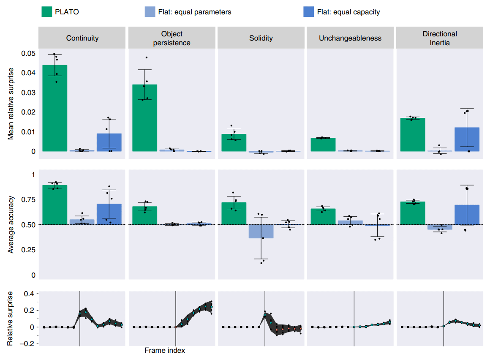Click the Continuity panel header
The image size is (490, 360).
click(82, 38)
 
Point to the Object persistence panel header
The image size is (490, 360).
click(172, 38)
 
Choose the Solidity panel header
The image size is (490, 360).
click(261, 38)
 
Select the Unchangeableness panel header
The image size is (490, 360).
click(350, 38)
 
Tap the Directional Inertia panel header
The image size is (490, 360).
click(440, 38)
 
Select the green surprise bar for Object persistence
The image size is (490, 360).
click(145, 118)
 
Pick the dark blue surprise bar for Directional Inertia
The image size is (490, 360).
click(467, 139)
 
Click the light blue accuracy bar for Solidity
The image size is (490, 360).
click(261, 232)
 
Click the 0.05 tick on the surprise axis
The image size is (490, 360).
click(28, 53)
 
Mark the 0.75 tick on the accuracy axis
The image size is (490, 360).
click(28, 199)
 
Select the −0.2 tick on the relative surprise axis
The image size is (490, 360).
click(27, 344)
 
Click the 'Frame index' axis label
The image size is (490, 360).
click(165, 350)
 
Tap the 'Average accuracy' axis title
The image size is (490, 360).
click(11, 224)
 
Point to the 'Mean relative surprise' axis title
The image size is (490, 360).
click(11, 103)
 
